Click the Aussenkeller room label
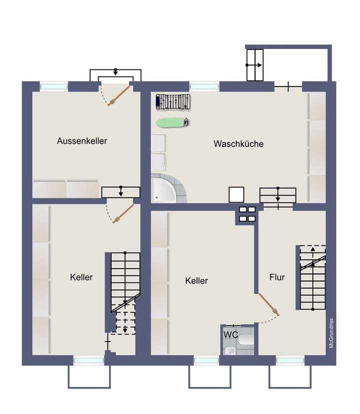[82, 141]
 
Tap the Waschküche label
[238, 144]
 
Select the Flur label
[277, 277]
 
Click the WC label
[230, 334]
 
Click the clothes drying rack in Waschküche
[173, 102]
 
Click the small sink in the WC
[229, 349]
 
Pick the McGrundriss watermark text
[331, 333]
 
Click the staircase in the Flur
[312, 277]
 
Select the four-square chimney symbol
[247, 214]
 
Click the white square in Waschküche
[236, 195]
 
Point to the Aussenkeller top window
[53, 86]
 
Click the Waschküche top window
[204, 86]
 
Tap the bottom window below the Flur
[290, 360]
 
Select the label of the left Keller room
[81, 277]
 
